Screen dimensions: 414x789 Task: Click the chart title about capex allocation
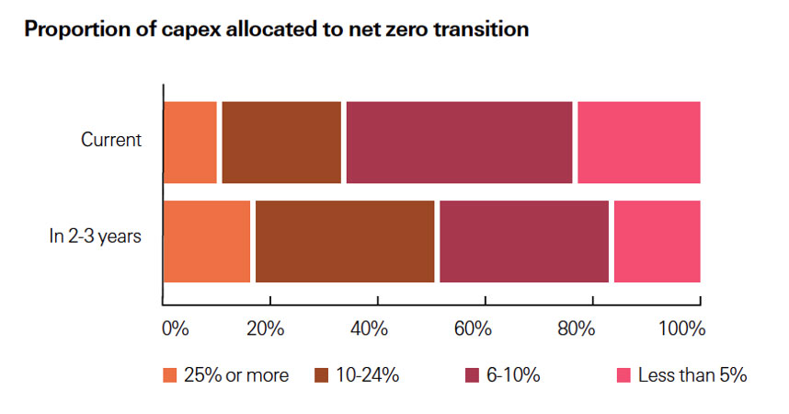coord(276,29)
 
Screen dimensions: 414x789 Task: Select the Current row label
coord(111,141)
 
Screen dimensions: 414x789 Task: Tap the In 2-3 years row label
coord(95,236)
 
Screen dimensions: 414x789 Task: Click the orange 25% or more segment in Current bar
coord(190,143)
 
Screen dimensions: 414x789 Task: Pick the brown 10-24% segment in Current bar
coord(281,143)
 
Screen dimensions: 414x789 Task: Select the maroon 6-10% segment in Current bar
coord(459,143)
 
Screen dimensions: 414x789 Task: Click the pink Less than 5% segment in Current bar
coord(638,143)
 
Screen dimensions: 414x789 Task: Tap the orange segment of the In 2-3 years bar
coord(207,241)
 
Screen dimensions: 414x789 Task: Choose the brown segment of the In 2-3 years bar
coord(344,241)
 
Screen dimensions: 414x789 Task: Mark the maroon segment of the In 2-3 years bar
coord(524,241)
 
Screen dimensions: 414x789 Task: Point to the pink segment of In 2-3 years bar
coord(657,241)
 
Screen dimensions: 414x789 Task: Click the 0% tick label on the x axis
coord(175,328)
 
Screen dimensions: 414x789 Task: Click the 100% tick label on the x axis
coord(681,328)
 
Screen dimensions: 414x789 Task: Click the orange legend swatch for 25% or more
coord(169,375)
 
